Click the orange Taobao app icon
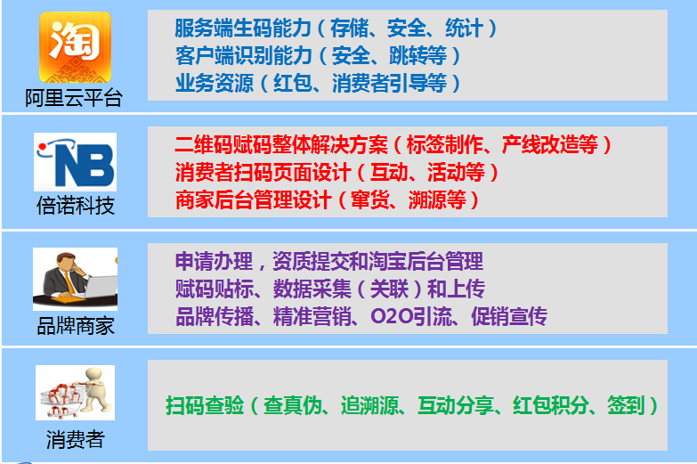click(x=75, y=47)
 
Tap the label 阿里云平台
click(x=74, y=98)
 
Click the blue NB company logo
click(x=75, y=162)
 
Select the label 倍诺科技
click(x=76, y=206)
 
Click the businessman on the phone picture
click(x=75, y=279)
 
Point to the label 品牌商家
click(x=76, y=326)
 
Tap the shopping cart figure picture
click(x=75, y=393)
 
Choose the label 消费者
click(x=76, y=440)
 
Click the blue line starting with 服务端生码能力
click(x=336, y=28)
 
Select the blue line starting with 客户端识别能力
click(x=318, y=55)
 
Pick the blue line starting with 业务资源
click(x=318, y=83)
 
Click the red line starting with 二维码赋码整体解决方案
click(x=393, y=144)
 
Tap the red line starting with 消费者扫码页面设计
click(x=336, y=172)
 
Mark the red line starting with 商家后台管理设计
click(x=327, y=199)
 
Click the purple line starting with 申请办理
click(x=329, y=261)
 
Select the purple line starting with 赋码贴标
click(x=330, y=289)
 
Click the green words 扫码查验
click(x=205, y=405)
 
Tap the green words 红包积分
click(x=551, y=405)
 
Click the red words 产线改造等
click(x=550, y=144)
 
